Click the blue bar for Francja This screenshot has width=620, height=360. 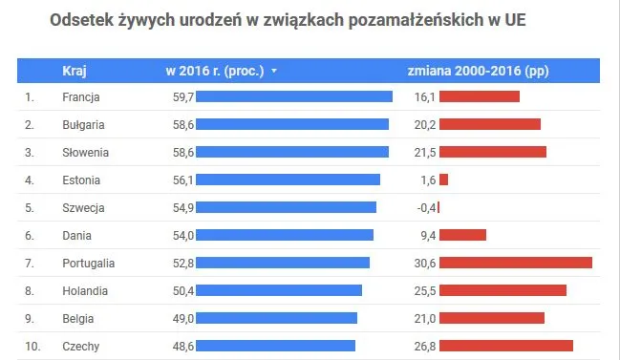(294, 96)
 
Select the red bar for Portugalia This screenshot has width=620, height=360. (516, 263)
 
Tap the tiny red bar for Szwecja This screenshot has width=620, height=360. (439, 207)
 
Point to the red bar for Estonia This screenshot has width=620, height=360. (443, 180)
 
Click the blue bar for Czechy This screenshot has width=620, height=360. (275, 346)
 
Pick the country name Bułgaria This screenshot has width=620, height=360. (83, 124)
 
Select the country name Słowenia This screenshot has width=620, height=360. (85, 152)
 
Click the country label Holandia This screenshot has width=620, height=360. (85, 290)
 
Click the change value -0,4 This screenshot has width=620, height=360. (426, 207)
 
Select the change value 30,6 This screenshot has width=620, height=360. (425, 263)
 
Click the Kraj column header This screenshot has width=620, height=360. (75, 70)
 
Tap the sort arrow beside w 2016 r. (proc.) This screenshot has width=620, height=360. (274, 71)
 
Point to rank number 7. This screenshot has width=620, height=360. (30, 263)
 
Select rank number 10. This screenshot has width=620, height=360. (32, 346)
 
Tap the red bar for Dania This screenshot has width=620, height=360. (462, 235)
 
